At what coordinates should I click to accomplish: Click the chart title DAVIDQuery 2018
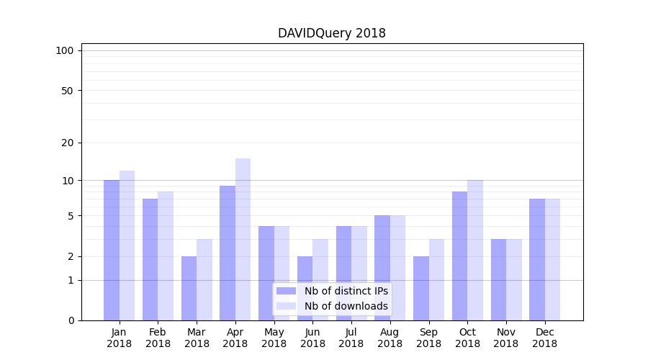(x=332, y=33)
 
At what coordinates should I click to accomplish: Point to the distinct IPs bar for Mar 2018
(x=189, y=288)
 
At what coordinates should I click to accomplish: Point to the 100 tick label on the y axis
(x=65, y=50)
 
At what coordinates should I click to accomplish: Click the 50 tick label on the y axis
(x=67, y=91)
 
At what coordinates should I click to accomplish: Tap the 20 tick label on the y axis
(x=67, y=143)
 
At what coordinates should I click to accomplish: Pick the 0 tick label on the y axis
(x=71, y=320)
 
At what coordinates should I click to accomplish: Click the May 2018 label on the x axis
(x=274, y=338)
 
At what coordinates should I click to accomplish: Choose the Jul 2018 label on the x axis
(x=351, y=338)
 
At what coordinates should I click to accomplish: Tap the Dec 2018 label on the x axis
(x=544, y=338)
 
